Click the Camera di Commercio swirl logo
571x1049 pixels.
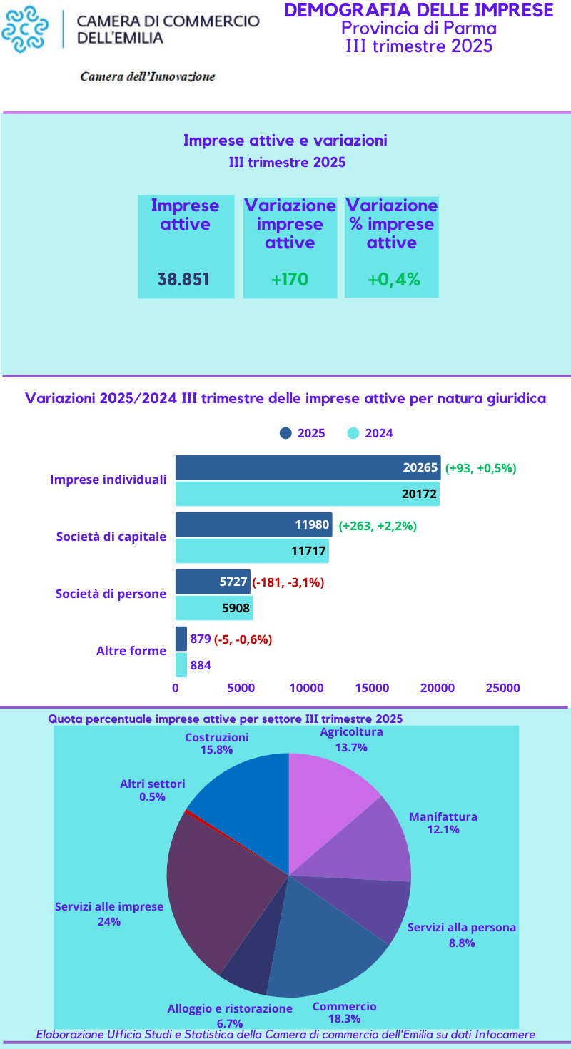pyautogui.click(x=26, y=29)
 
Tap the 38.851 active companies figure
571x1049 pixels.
pyautogui.click(x=183, y=279)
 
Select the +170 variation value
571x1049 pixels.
pyautogui.click(x=290, y=279)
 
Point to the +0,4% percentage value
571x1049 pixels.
pyautogui.click(x=393, y=279)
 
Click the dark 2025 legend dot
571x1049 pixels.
pyautogui.click(x=286, y=433)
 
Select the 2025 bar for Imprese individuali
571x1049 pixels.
pyautogui.click(x=308, y=468)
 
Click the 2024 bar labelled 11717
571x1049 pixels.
pyautogui.click(x=252, y=551)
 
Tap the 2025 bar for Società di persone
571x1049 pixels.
pyautogui.click(x=213, y=582)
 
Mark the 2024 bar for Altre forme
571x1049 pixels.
pyautogui.click(x=181, y=665)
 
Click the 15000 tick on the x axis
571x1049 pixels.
pyautogui.click(x=372, y=688)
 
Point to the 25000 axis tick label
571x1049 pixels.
pyautogui.click(x=502, y=688)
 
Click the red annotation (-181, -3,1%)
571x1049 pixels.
pyautogui.click(x=288, y=582)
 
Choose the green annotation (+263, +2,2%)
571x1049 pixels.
pyautogui.click(x=378, y=526)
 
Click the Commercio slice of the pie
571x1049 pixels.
pyautogui.click(x=321, y=942)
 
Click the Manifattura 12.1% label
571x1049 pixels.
pyautogui.click(x=443, y=823)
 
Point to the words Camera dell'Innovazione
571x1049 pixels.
pyautogui.click(x=147, y=76)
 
